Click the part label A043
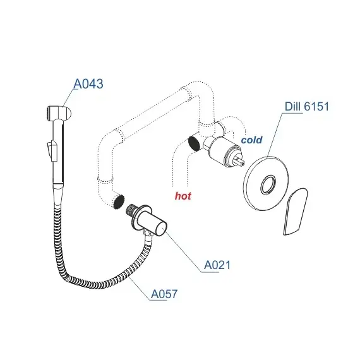(x=88, y=84)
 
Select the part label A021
(x=217, y=265)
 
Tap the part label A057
(x=164, y=294)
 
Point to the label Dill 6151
(x=307, y=107)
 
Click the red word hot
(x=183, y=196)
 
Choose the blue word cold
(x=251, y=140)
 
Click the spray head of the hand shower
(x=59, y=113)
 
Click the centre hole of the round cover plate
(x=268, y=184)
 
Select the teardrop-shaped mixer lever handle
(x=296, y=212)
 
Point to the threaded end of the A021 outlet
(x=132, y=210)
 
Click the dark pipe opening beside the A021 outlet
(x=119, y=202)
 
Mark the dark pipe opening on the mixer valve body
(x=195, y=143)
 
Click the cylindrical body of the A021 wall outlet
(x=152, y=222)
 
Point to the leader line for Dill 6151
(x=275, y=135)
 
